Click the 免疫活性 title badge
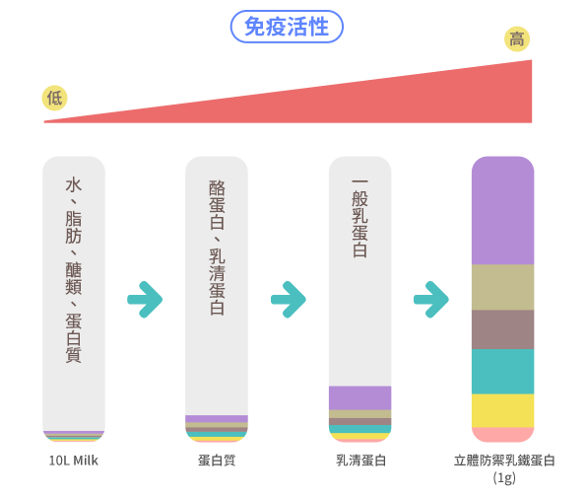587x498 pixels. [287, 27]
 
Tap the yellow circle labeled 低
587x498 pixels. [54, 99]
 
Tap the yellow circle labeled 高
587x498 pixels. [517, 39]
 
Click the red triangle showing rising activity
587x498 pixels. [412, 102]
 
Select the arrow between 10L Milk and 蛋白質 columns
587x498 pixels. [145, 300]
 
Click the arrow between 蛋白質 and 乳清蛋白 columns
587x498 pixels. [289, 300]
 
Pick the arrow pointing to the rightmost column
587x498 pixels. [431, 300]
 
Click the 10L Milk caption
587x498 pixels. [74, 461]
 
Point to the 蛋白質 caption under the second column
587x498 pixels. [217, 461]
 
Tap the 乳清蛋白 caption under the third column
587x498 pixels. [360, 461]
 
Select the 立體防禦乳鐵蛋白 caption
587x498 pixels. [504, 461]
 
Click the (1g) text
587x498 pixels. [504, 477]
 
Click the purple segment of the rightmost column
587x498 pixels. [502, 211]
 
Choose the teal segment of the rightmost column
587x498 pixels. [502, 372]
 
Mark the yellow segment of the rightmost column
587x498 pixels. [502, 410]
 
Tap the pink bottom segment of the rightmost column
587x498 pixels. [502, 435]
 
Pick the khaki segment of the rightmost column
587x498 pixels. [502, 287]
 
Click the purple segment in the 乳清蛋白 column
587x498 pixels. [360, 398]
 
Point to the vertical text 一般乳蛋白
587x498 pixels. [360, 219]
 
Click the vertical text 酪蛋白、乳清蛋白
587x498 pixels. [217, 248]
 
